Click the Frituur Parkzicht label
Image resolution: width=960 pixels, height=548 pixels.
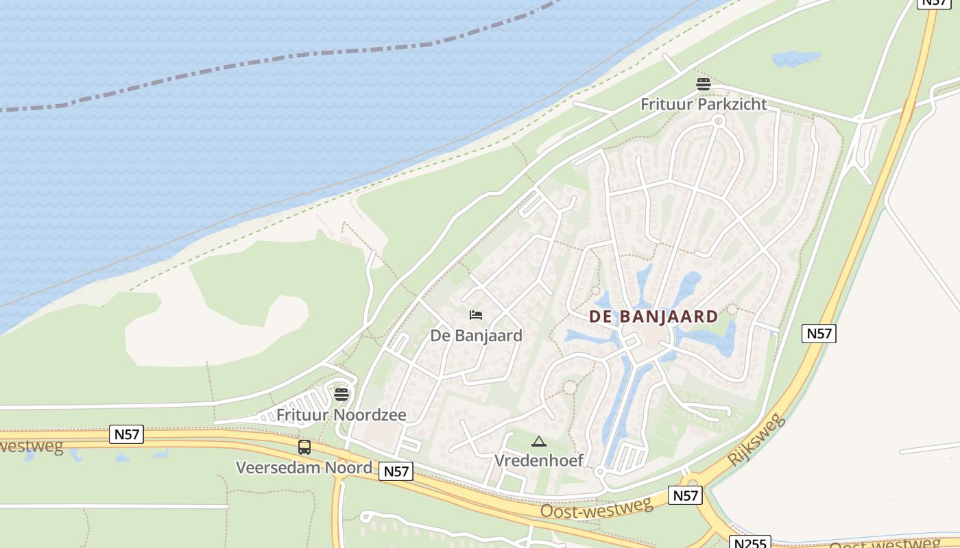(x=704, y=105)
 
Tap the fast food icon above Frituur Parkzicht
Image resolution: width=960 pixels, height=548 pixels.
(x=704, y=84)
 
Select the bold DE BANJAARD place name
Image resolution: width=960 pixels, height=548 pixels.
(x=653, y=316)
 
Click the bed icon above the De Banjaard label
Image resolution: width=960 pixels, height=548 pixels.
(x=476, y=315)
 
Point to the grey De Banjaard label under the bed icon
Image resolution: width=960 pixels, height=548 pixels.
(x=476, y=336)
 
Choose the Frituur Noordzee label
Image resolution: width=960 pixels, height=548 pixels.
(x=341, y=415)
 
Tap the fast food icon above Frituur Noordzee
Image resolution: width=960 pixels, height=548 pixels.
(x=341, y=395)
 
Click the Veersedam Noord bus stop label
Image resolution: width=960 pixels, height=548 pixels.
(x=304, y=468)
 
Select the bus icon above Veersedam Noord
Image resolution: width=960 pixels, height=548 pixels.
(x=304, y=447)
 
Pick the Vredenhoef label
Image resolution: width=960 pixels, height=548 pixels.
(x=539, y=460)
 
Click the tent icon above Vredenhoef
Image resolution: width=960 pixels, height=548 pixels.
(x=539, y=442)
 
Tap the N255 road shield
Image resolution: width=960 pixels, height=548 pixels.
(x=751, y=543)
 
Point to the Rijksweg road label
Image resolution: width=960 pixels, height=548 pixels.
(x=756, y=441)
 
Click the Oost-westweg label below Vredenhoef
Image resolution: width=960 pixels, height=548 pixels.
(x=596, y=508)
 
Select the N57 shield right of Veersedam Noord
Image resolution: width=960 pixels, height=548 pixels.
(x=396, y=471)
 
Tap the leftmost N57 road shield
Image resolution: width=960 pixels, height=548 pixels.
(x=126, y=434)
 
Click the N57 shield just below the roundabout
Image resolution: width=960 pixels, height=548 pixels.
(x=685, y=495)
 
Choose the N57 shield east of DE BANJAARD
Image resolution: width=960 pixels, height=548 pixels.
(x=819, y=334)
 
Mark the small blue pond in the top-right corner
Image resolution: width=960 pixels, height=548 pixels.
(x=796, y=58)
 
